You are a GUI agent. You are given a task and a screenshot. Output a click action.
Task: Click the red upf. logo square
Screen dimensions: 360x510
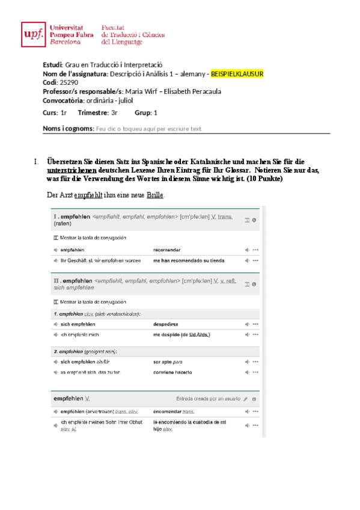32,34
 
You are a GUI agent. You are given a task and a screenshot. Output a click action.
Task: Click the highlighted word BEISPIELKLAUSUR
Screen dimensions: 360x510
237,74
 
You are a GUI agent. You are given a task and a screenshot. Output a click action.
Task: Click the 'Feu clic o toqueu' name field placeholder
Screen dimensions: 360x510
150,128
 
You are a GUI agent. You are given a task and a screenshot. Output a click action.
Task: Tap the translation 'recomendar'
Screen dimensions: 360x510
166,250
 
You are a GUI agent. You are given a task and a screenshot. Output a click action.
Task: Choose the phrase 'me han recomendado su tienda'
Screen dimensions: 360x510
188,260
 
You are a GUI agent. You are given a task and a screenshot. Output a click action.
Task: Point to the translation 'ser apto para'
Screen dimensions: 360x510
168,361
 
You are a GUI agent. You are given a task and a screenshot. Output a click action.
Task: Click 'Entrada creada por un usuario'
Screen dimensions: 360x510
207,399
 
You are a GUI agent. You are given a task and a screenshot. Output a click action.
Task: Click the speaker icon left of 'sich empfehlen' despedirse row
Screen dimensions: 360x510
56,324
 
